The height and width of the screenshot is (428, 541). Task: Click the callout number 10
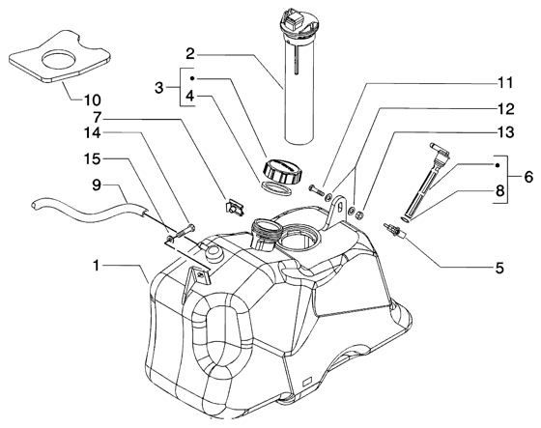point(93,100)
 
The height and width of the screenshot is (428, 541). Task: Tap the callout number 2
point(190,54)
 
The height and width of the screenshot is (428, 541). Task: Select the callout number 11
point(505,83)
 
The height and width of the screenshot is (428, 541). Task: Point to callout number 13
point(505,132)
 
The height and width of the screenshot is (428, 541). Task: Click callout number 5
point(499,268)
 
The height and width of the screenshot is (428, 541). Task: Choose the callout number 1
point(97,266)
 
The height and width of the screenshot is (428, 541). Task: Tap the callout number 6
point(528,178)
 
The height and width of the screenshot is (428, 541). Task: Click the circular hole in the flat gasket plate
point(59,59)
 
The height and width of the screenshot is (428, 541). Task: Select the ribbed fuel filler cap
point(282,171)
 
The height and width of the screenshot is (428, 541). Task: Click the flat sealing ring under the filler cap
point(274,188)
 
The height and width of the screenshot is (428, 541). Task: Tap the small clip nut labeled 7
point(235,208)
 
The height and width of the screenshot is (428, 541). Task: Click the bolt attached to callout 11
point(317,189)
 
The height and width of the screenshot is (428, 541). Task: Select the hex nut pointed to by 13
point(358,214)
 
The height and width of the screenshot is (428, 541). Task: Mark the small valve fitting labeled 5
point(395,230)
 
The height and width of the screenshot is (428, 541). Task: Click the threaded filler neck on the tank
point(264,235)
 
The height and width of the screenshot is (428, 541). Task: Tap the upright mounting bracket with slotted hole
point(336,212)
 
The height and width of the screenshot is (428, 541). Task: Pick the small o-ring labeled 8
point(406,219)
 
